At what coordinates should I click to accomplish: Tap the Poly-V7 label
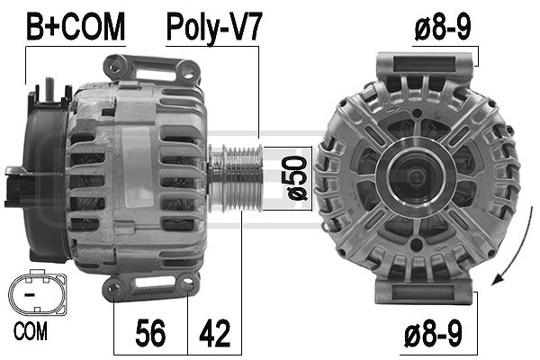coord(213,26)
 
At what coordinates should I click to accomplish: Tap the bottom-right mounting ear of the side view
coord(187,287)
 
